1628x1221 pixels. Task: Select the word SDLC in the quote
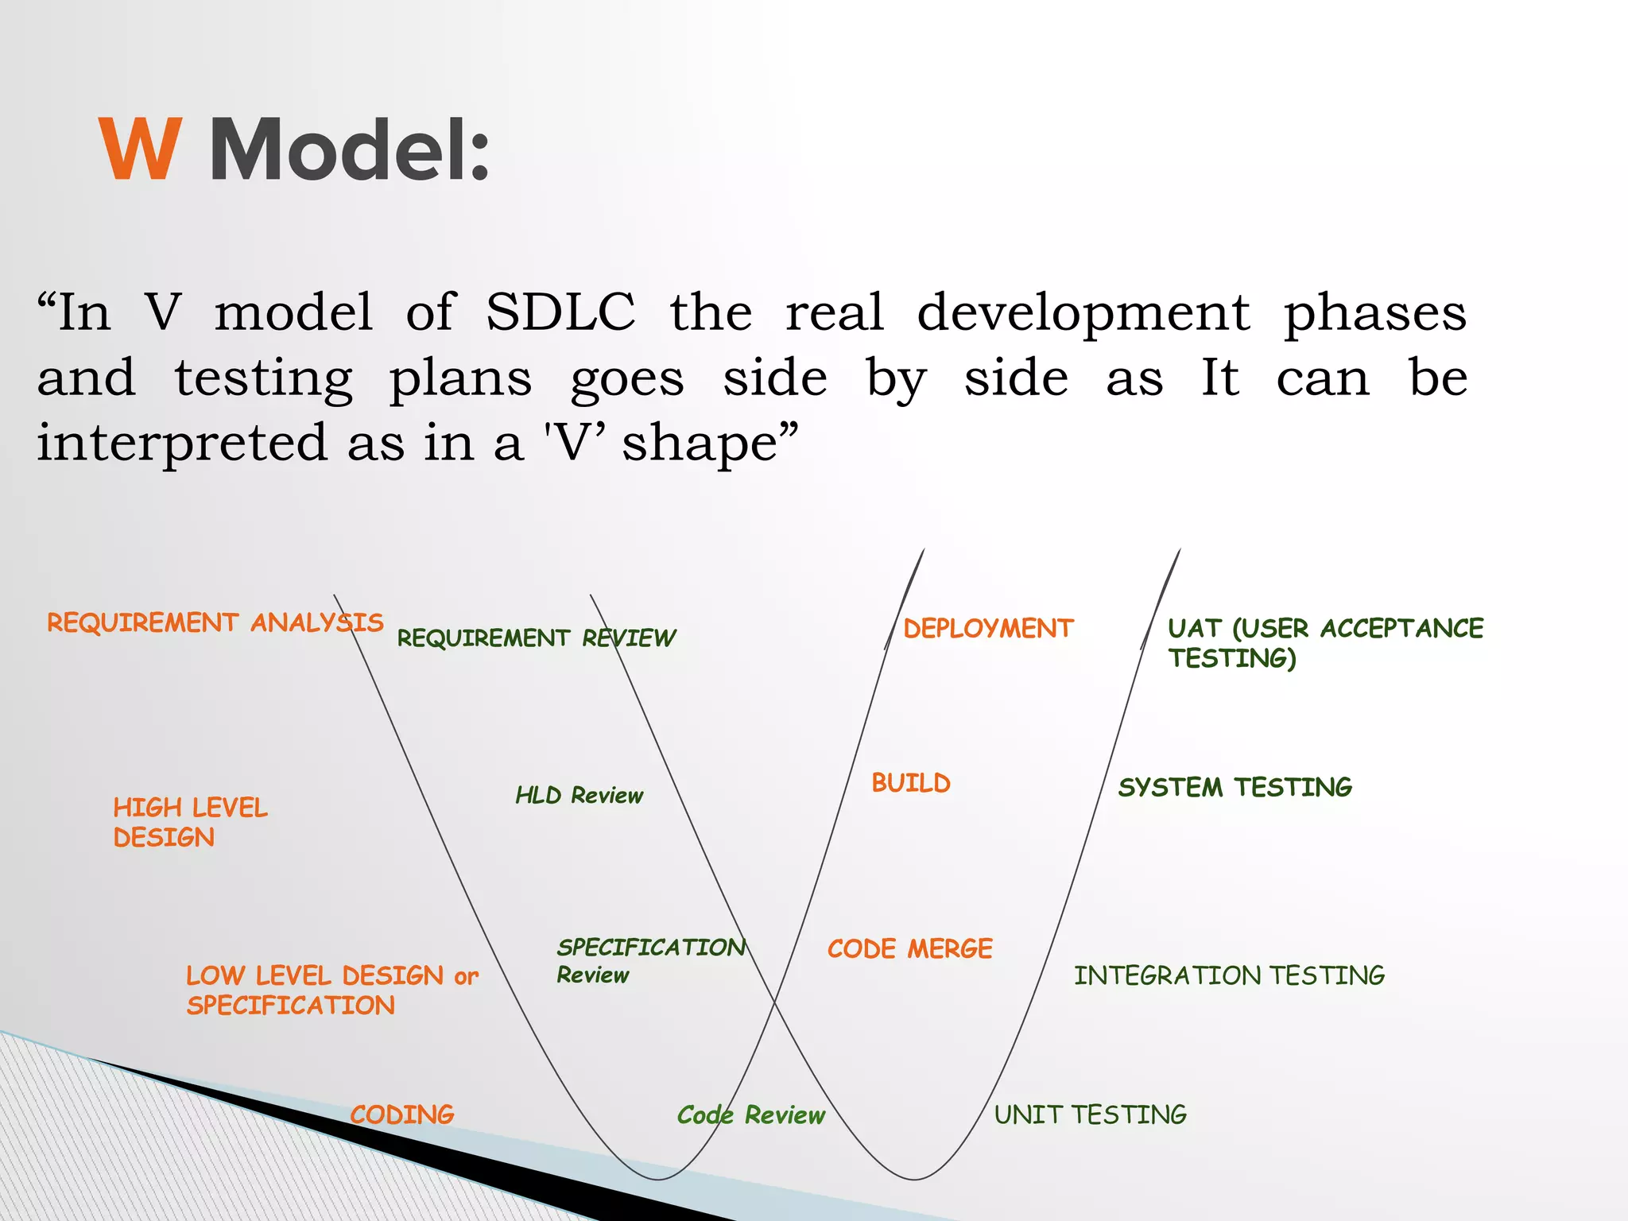560,312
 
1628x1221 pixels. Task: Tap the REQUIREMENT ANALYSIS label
215,622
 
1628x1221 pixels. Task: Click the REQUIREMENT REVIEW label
536,638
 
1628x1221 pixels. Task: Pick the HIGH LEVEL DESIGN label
190,822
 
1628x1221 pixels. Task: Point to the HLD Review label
579,795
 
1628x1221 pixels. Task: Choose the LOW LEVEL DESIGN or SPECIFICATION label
331,990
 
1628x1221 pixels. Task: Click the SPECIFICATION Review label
650,960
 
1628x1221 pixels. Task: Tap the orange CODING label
401,1114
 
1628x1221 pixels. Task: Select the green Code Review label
750,1114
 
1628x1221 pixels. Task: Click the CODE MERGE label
909,948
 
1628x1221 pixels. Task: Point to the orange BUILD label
911,783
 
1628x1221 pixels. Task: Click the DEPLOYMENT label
988,629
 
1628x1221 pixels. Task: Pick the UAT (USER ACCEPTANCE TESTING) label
1324,642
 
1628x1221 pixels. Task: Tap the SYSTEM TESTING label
1235,787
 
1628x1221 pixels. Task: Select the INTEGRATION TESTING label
1229,975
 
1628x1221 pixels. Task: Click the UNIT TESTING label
1090,1114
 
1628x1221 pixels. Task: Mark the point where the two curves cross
775,1004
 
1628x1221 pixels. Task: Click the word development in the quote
1083,312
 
